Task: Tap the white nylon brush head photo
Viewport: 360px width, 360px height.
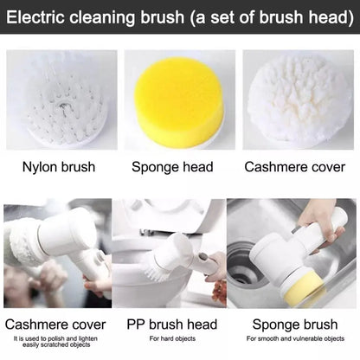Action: click(x=61, y=99)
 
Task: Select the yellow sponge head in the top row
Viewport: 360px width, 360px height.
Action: click(x=179, y=90)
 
